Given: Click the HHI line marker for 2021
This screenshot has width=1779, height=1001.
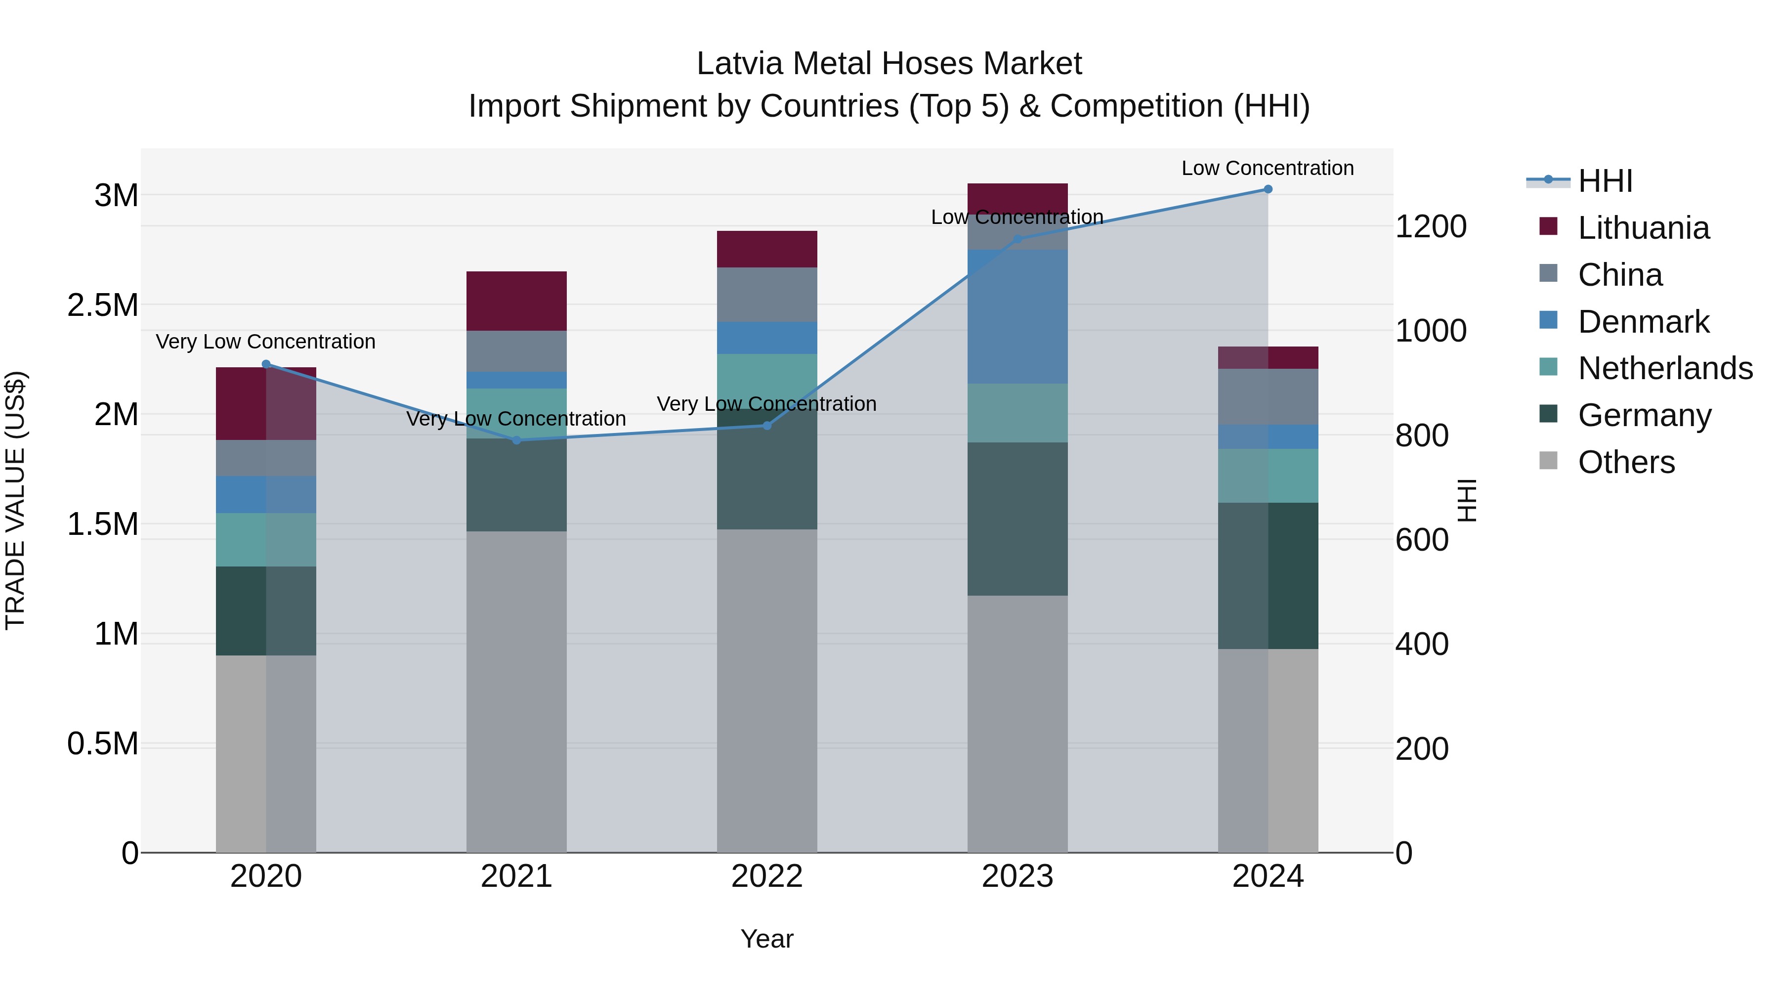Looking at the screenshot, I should [x=516, y=440].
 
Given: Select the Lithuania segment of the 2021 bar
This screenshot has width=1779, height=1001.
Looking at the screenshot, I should [x=516, y=301].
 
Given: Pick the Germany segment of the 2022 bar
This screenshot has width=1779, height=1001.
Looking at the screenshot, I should [x=766, y=470].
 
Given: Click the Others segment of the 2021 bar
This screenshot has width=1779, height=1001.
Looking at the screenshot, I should [x=516, y=691].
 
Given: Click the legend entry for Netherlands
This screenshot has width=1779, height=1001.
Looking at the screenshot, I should [x=1664, y=368].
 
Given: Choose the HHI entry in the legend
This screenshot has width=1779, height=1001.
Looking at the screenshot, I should [x=1605, y=181].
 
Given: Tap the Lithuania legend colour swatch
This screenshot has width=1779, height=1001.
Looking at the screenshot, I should [x=1548, y=226].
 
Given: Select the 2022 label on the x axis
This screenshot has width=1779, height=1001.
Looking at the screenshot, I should [x=766, y=876].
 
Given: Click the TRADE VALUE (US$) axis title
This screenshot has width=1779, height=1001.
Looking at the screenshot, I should [x=15, y=500].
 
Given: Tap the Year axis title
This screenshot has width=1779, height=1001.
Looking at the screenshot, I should [x=766, y=939].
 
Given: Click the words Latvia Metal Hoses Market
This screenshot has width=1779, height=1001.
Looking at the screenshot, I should [x=889, y=64].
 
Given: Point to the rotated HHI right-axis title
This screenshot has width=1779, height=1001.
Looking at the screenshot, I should [x=1466, y=500].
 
